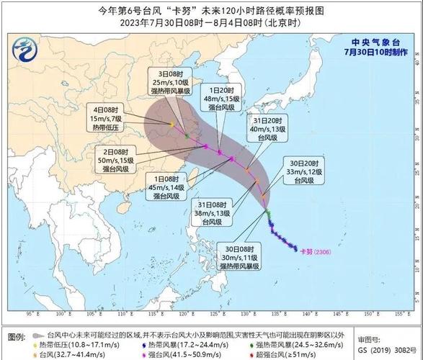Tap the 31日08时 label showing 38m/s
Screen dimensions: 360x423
click(x=212, y=214)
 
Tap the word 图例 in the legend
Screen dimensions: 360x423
click(x=14, y=337)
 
